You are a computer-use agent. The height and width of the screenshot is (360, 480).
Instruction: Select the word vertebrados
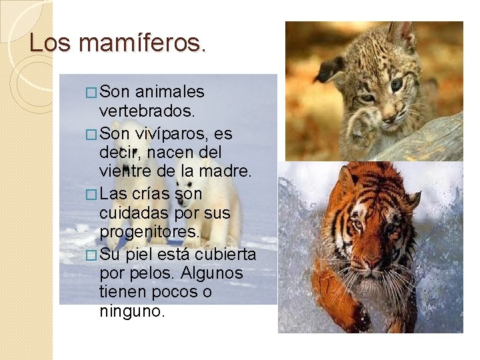[147, 109]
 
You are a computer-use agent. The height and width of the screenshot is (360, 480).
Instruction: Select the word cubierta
[225, 255]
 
